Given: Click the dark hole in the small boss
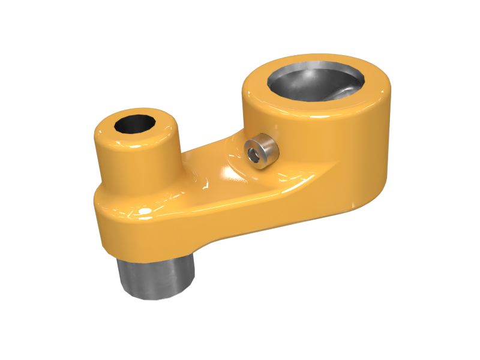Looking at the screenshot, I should point(134,124).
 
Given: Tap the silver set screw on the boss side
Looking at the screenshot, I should point(262,152).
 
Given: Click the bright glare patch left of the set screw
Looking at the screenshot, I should point(231,174).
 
